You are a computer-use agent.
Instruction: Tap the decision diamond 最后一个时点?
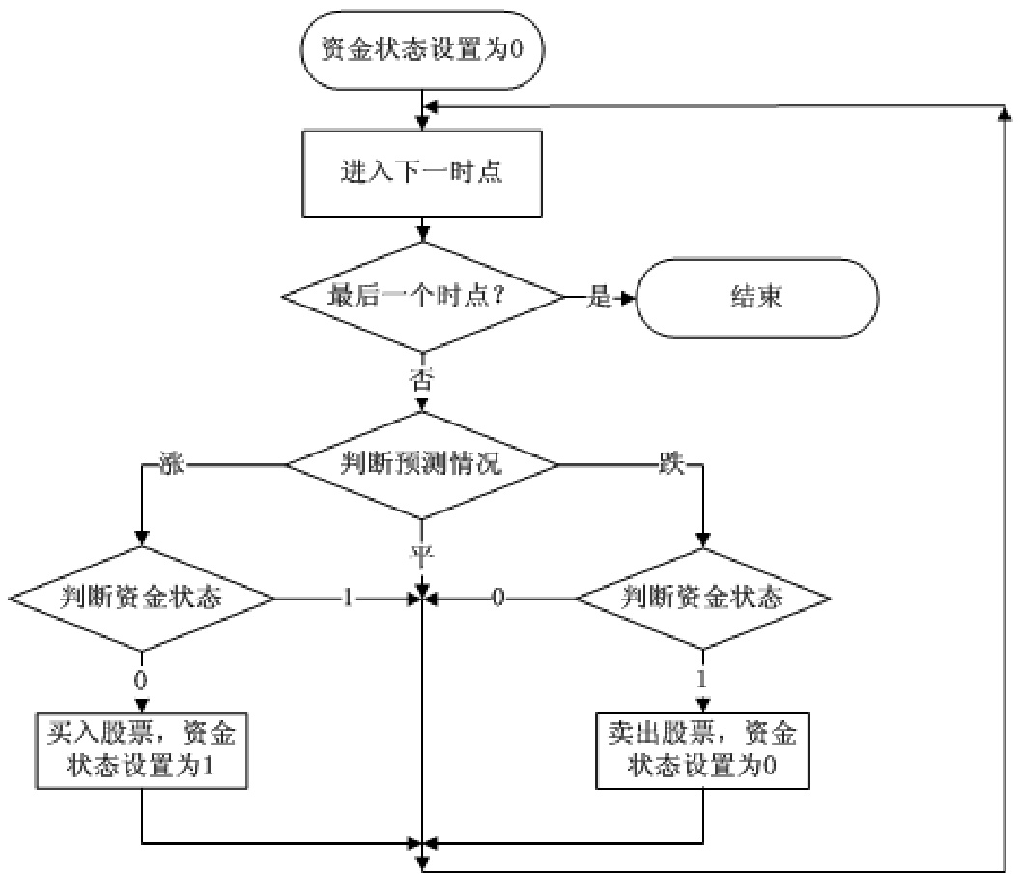point(422,297)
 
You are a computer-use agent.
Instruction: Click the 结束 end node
point(756,297)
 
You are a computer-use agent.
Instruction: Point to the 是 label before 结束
point(600,298)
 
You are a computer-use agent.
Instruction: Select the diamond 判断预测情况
point(422,464)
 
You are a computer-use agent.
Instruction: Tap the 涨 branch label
point(170,465)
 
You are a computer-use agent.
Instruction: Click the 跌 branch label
point(670,465)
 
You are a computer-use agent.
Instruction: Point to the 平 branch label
point(422,554)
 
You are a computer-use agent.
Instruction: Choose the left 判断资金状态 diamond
point(142,599)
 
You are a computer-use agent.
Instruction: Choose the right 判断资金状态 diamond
point(701,599)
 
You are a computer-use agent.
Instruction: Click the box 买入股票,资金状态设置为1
point(141,749)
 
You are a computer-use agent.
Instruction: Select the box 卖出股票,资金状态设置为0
point(702,749)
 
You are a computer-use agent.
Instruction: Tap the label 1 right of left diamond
point(347,599)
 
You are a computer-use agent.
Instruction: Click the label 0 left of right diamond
point(498,599)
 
